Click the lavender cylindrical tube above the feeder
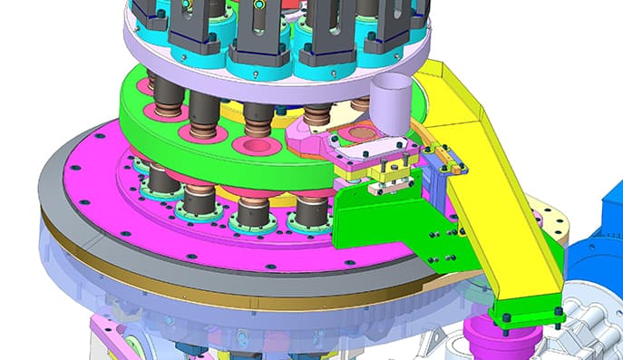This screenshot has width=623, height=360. coord(391,102)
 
